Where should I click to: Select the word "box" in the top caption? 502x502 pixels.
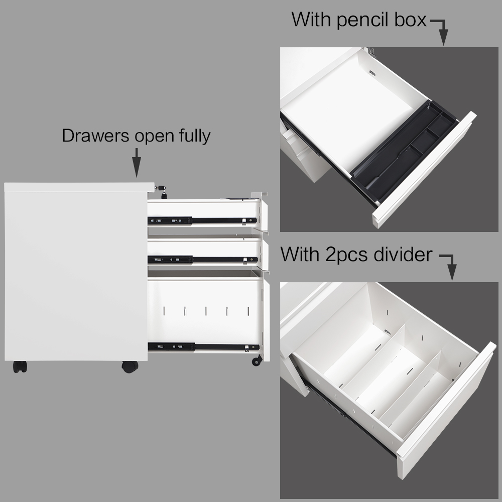[x=409, y=21]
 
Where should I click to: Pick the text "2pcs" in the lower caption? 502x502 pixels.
[x=352, y=255]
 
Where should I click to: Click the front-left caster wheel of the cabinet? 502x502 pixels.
[x=21, y=367]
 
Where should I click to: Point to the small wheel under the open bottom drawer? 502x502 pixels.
[x=257, y=360]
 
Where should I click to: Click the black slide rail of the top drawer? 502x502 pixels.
[x=201, y=220]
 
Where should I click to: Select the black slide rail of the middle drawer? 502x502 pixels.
[x=201, y=260]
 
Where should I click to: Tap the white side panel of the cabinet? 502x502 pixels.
[x=75, y=271]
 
